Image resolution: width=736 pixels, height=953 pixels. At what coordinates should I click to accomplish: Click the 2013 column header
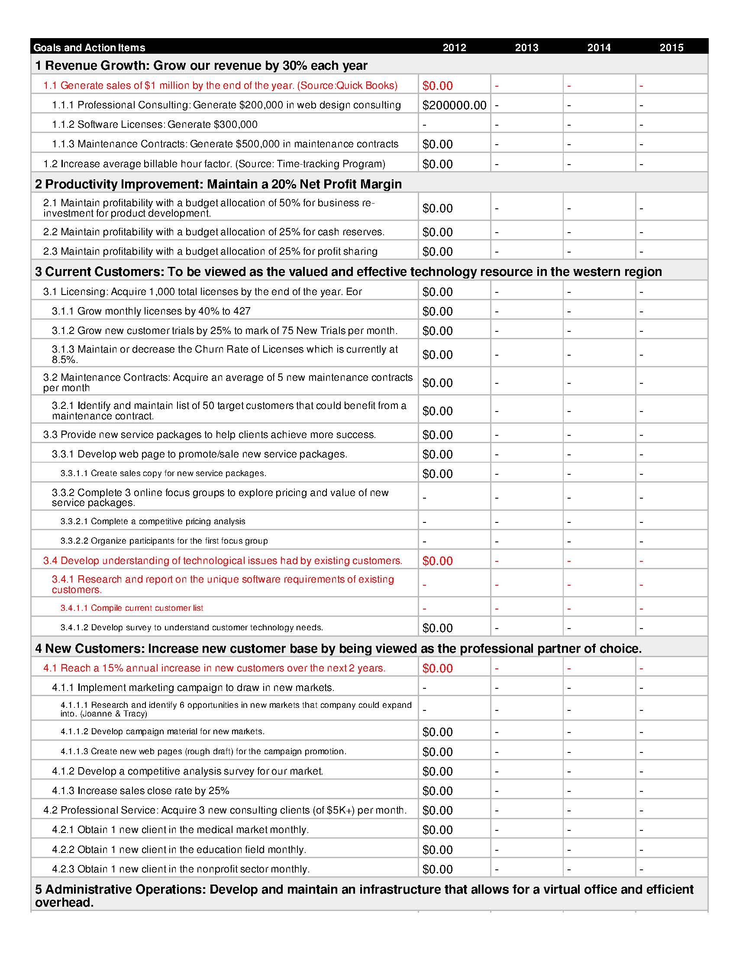526,48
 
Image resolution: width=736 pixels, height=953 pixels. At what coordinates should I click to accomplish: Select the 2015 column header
671,48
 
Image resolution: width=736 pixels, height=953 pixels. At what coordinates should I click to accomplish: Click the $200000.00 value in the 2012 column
454,105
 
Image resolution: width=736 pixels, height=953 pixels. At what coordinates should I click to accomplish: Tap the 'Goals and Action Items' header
89,48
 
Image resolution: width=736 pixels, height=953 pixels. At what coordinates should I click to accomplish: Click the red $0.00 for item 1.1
437,85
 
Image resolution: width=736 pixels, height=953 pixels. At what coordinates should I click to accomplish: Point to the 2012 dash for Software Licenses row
424,125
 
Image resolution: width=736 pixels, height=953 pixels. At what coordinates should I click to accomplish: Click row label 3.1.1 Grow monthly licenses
151,311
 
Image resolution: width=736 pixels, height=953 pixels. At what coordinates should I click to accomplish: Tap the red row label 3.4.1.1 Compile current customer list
132,608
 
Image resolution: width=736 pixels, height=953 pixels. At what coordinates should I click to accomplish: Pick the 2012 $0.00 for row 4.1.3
437,791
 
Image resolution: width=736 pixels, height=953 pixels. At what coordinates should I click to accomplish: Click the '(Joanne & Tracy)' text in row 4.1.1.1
104,714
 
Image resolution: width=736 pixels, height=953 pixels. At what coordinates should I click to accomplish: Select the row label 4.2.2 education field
179,849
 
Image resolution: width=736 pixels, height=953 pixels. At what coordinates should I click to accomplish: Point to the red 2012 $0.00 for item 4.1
437,668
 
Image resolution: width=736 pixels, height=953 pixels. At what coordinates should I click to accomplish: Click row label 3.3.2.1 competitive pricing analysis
152,522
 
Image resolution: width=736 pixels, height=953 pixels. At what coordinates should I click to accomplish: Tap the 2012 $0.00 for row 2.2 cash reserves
437,232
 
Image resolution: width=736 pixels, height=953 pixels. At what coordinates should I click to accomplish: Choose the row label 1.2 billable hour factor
214,164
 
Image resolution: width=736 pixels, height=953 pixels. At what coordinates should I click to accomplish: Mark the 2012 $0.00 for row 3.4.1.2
437,628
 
